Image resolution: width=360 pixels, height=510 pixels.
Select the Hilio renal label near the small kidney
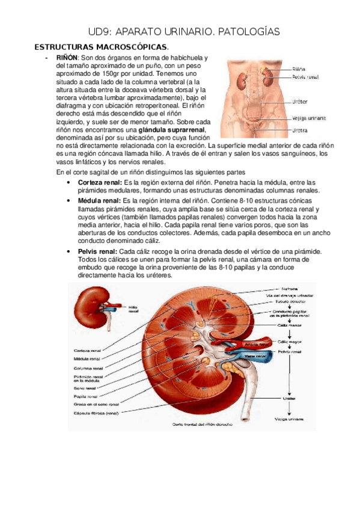(133, 309)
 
